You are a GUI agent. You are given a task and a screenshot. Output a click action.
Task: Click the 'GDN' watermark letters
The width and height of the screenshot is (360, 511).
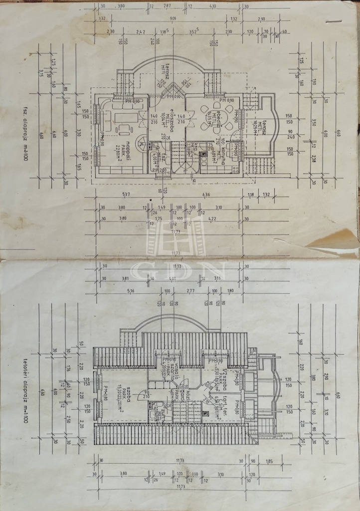(180, 270)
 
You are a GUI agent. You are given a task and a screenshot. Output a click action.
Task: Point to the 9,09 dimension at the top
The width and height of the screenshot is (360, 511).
(172, 19)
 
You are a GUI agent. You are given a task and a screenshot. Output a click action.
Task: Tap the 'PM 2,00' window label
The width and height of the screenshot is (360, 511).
(161, 170)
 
